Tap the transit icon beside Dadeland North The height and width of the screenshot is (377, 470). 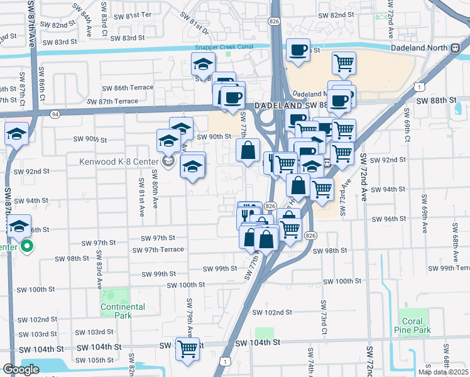[454, 48]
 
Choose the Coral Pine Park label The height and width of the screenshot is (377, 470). [412, 325]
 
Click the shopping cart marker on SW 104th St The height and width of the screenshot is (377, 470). [187, 349]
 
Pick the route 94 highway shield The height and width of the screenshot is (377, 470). [55, 114]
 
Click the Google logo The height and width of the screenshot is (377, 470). [21, 369]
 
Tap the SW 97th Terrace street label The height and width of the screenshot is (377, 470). [158, 249]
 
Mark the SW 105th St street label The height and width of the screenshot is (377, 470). [94, 360]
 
